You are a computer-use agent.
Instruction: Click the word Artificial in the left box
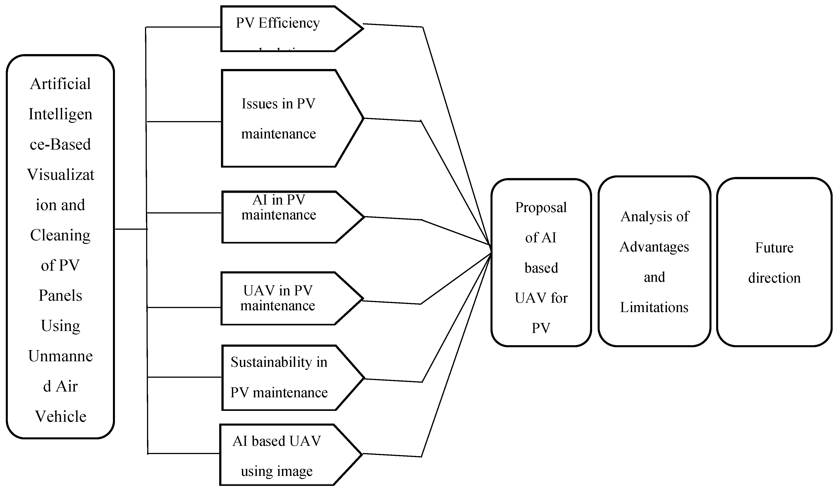(60, 84)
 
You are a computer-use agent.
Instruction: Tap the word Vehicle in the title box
(60, 416)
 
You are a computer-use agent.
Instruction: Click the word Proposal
(541, 207)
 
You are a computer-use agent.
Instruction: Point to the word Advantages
(654, 247)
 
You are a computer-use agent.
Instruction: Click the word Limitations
(654, 307)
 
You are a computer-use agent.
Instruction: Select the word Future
(774, 248)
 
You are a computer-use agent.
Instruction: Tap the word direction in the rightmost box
(774, 278)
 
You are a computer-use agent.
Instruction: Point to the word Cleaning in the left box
(60, 235)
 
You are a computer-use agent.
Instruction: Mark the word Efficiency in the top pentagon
(289, 23)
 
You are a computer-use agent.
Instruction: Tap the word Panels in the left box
(60, 296)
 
